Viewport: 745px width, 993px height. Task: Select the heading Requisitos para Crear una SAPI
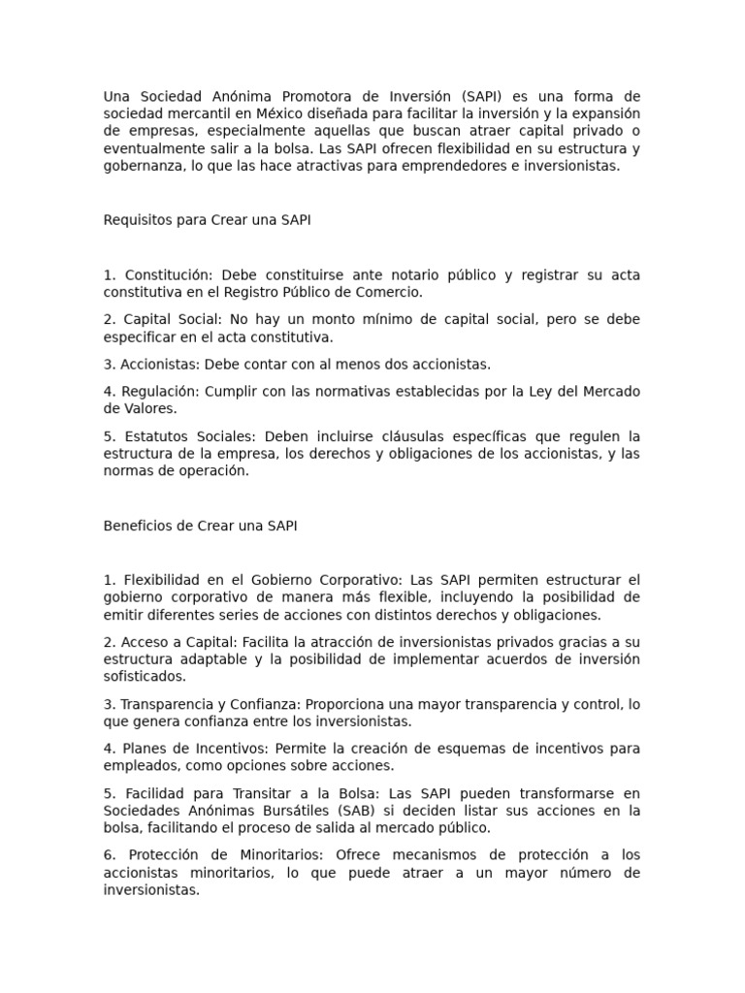click(x=207, y=220)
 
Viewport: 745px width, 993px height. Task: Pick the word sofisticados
click(x=144, y=677)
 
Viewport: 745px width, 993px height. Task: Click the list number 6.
click(x=109, y=855)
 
